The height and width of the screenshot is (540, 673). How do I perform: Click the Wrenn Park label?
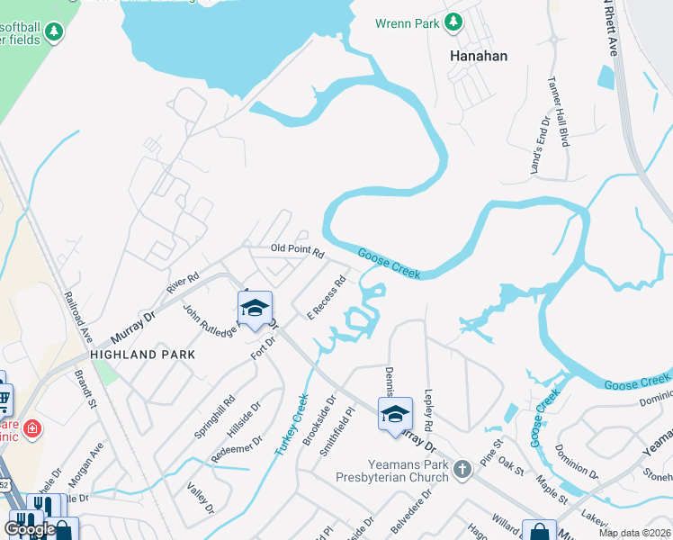(x=410, y=21)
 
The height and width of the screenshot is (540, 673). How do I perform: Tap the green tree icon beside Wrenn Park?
(x=455, y=21)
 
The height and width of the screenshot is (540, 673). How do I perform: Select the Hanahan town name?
(x=478, y=56)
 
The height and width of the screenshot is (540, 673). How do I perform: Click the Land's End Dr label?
(x=540, y=144)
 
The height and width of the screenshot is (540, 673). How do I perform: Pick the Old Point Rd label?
(x=297, y=251)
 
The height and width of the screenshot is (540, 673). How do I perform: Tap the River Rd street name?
(x=182, y=283)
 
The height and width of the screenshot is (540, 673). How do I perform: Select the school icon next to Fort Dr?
(x=256, y=307)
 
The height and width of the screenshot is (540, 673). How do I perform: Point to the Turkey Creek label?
(x=292, y=424)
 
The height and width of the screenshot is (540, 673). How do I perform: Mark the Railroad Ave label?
(x=76, y=315)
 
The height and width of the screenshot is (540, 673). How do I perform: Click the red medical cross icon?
(x=33, y=427)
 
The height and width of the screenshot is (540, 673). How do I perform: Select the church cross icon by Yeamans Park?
(x=462, y=468)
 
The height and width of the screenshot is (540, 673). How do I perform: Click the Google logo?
(x=29, y=529)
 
